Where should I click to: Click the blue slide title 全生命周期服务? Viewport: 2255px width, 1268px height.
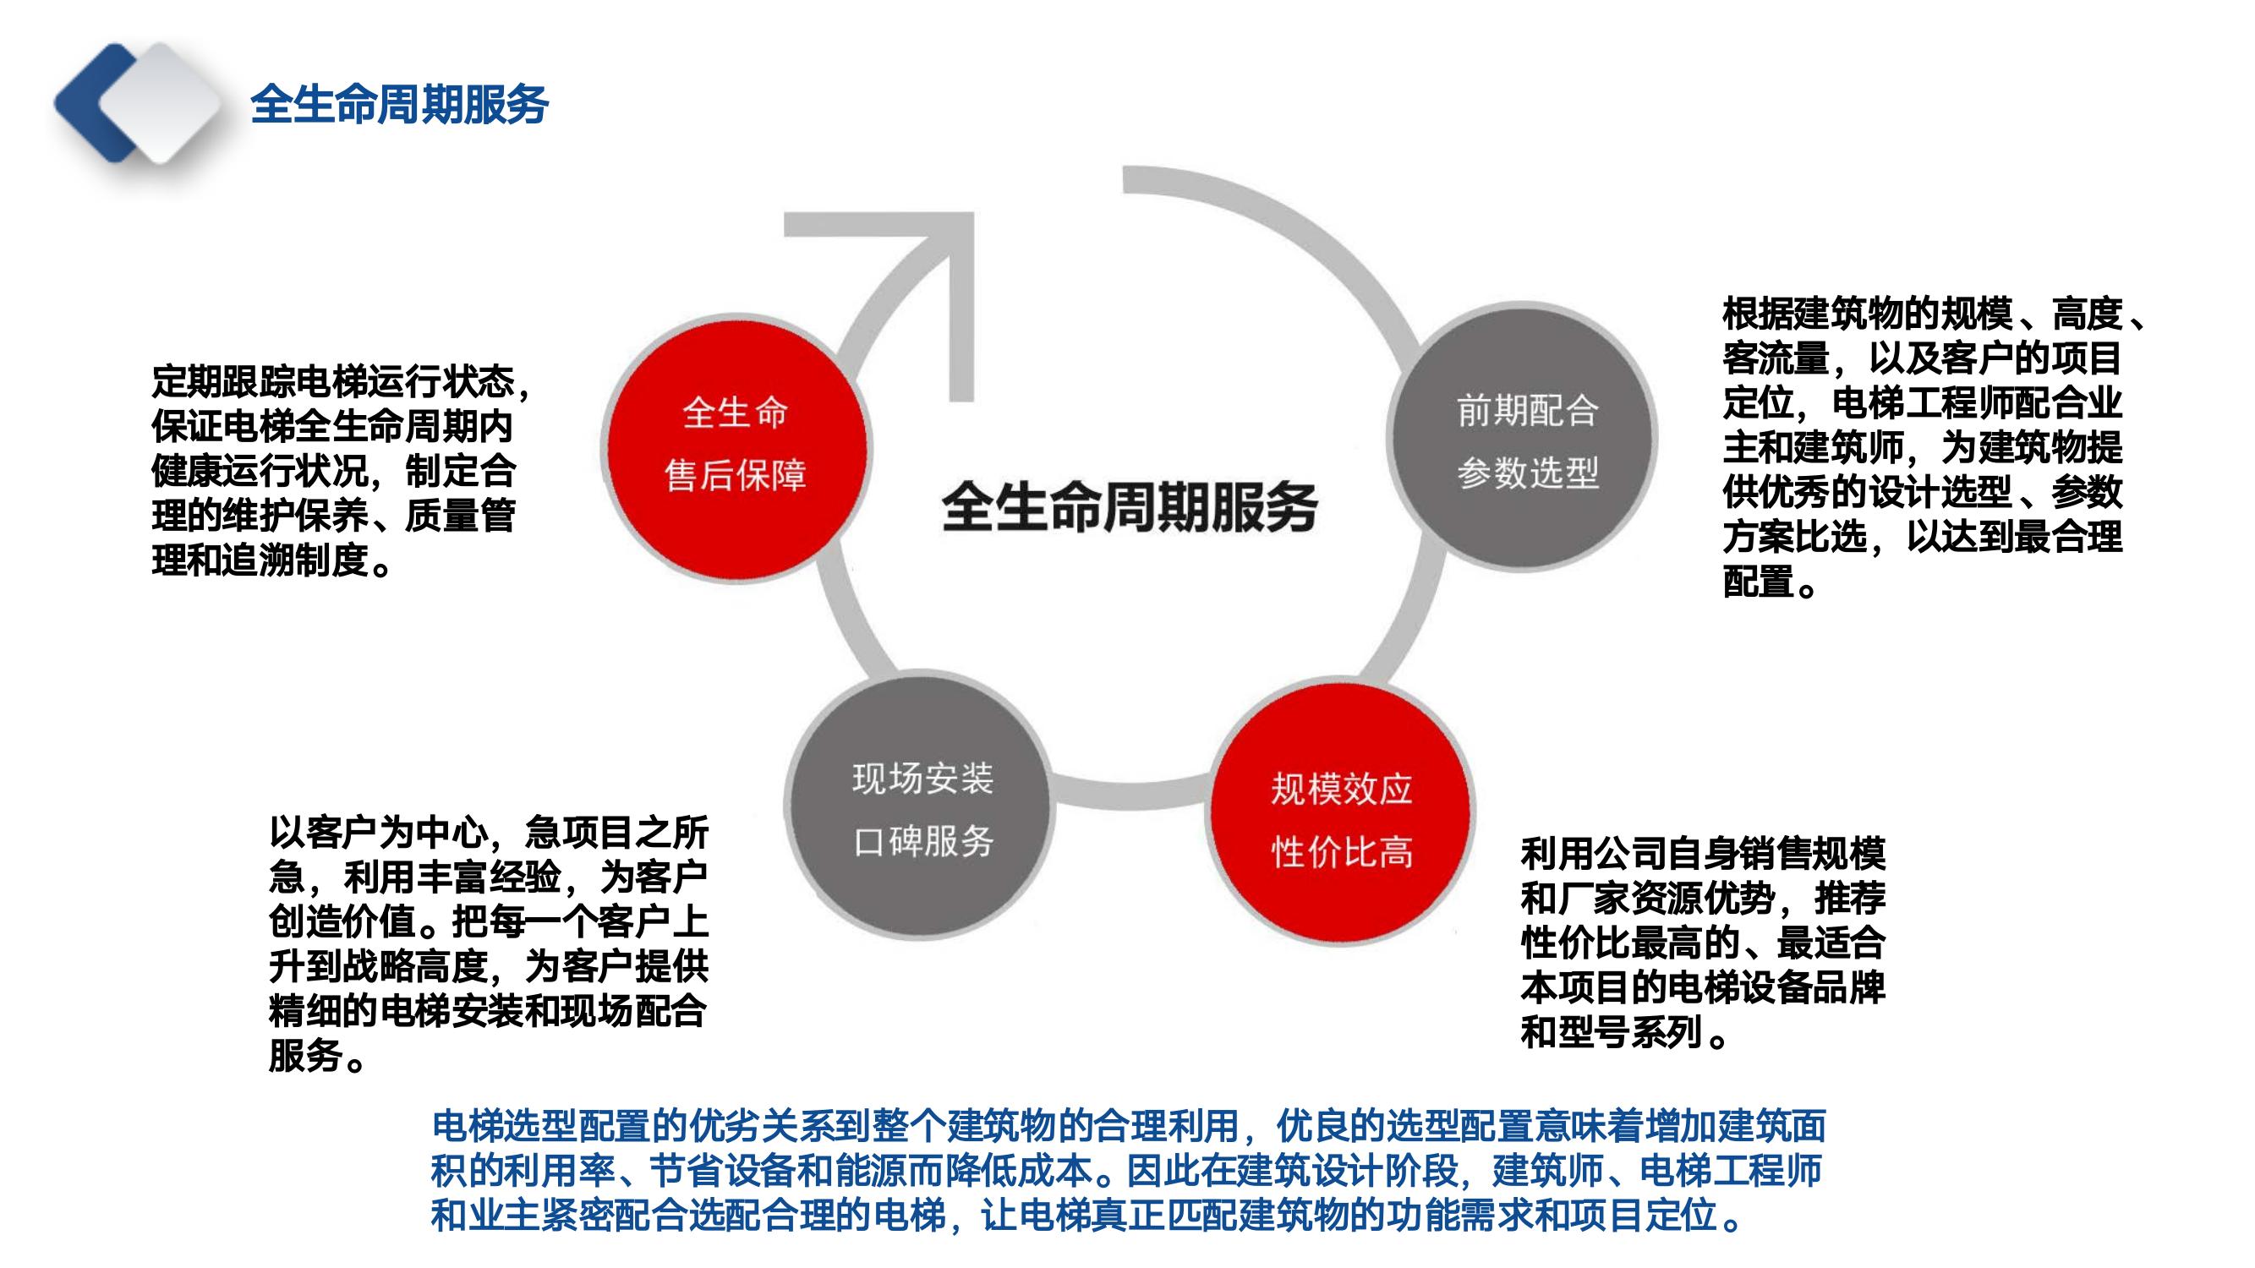(x=399, y=104)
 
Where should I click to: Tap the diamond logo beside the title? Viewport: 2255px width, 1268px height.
(x=138, y=103)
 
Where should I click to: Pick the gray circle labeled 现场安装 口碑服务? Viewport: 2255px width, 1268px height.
(x=920, y=807)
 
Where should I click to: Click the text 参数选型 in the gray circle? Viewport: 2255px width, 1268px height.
(x=1528, y=473)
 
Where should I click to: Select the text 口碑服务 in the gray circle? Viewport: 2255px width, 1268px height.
(x=923, y=842)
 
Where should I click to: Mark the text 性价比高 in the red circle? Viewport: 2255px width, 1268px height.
(x=1342, y=851)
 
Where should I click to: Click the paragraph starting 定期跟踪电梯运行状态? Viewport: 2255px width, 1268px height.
(x=341, y=472)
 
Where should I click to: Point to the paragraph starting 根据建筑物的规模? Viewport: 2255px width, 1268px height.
(x=1935, y=447)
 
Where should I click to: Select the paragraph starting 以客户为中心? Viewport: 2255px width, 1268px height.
(x=489, y=944)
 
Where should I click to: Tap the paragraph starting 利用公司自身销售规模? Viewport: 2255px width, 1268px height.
(x=1703, y=943)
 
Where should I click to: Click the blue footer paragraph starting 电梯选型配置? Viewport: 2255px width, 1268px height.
(x=1130, y=1171)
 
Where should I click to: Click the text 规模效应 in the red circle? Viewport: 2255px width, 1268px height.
(x=1342, y=790)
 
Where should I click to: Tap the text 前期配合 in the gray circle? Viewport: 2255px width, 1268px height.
(x=1528, y=412)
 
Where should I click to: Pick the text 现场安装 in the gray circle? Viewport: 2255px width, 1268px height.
(x=923, y=779)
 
